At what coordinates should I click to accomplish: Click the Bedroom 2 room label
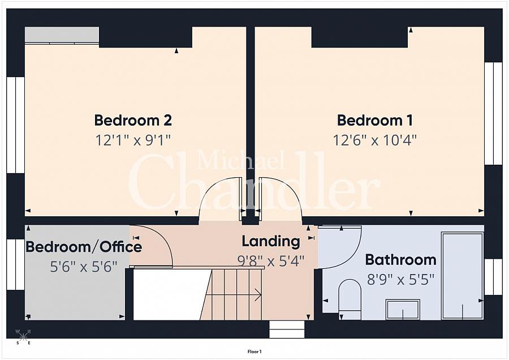point(133,120)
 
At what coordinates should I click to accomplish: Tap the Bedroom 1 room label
point(375,120)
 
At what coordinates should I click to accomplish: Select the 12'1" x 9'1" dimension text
point(133,140)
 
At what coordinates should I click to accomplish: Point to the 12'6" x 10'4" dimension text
point(374,140)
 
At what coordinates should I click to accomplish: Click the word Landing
point(271,242)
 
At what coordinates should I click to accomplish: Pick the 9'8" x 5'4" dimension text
point(271,260)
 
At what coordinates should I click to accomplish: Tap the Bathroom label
point(400,260)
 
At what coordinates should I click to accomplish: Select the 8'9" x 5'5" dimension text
point(400,279)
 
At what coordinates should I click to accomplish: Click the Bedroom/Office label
point(84,247)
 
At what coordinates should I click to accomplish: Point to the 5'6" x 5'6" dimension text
point(84,267)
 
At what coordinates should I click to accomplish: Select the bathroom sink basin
point(403,310)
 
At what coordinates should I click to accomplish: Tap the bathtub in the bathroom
point(462,276)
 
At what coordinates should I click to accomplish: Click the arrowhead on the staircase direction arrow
point(258,295)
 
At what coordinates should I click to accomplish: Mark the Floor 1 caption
point(255,352)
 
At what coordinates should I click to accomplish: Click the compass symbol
point(23,336)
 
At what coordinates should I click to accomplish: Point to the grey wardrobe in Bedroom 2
point(62,35)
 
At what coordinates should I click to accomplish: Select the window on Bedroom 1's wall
point(493,113)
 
